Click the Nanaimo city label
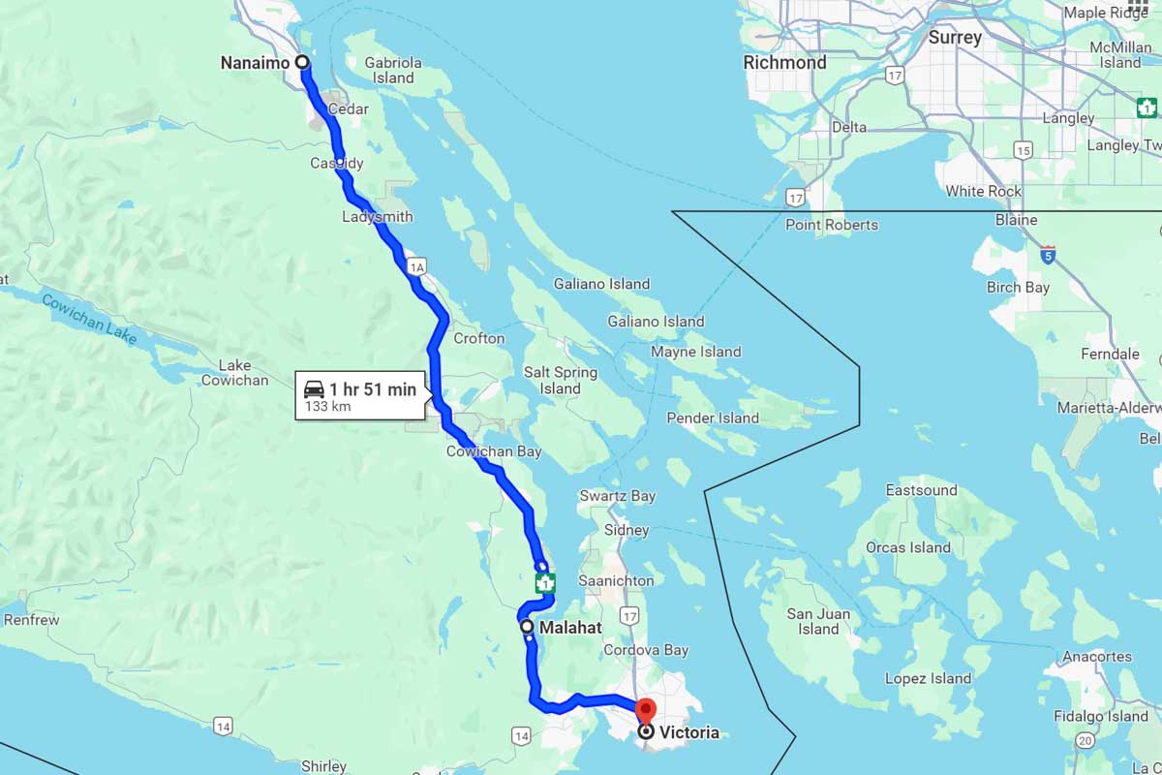coord(255,63)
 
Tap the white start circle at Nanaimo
coord(302,62)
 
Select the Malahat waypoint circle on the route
coord(527,627)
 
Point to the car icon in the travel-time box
coord(314,389)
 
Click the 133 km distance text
coord(327,407)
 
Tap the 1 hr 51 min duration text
coord(372,389)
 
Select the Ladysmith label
coord(377,216)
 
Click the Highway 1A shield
coord(417,266)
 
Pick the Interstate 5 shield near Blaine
coord(1048,255)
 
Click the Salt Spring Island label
coord(560,380)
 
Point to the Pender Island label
coord(713,418)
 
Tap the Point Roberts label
coord(831,225)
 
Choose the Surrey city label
coord(955,38)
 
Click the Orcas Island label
coord(908,547)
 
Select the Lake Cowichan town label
coord(234,373)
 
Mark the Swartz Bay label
coord(617,496)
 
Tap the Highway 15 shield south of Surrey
coord(1023,149)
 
